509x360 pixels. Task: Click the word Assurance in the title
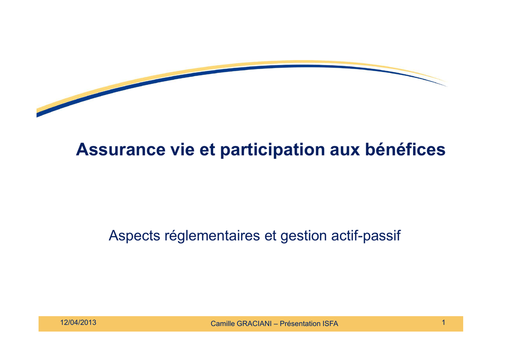[121, 150]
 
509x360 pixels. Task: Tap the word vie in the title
[182, 150]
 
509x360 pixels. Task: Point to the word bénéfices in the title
[406, 149]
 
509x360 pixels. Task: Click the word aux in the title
[345, 151]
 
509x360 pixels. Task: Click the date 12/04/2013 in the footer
[78, 323]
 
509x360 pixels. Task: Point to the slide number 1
[443, 323]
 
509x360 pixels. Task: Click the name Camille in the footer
[223, 324]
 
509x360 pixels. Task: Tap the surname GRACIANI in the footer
[254, 324]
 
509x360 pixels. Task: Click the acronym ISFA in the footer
[331, 324]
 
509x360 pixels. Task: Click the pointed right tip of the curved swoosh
[447, 86]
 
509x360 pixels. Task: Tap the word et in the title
[207, 150]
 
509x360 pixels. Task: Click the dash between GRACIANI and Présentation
[275, 324]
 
